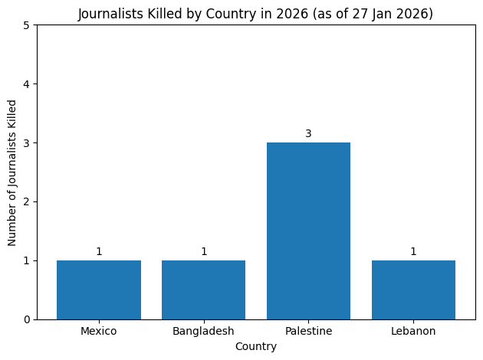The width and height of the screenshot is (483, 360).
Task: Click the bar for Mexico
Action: coord(99,290)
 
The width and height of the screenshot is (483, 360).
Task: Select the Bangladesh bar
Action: coord(203,290)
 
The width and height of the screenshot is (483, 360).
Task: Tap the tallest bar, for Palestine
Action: coord(308,231)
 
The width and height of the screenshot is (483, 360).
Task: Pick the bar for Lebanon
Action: coord(413,290)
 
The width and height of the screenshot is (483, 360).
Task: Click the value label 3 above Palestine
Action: coord(308,134)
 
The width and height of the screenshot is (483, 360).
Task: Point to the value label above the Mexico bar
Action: coord(99,252)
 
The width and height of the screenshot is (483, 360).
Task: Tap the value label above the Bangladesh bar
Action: coord(203,252)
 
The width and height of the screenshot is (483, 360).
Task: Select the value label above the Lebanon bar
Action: coord(413,252)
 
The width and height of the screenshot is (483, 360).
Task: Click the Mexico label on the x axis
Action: coord(99,331)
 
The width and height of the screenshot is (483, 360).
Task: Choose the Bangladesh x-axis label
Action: coord(203,331)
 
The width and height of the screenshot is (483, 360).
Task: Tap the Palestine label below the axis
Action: coord(308,331)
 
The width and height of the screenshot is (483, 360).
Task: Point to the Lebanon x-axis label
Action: coord(413,331)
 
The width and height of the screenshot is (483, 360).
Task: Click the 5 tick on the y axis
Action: coord(27,25)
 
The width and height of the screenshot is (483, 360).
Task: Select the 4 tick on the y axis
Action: coord(27,84)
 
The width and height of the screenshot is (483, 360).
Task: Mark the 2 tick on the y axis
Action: coord(27,201)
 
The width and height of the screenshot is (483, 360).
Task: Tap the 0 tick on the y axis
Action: coord(27,319)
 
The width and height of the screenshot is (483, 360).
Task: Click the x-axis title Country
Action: coord(256,346)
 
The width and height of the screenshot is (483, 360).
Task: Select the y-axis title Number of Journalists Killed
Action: coord(12,172)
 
